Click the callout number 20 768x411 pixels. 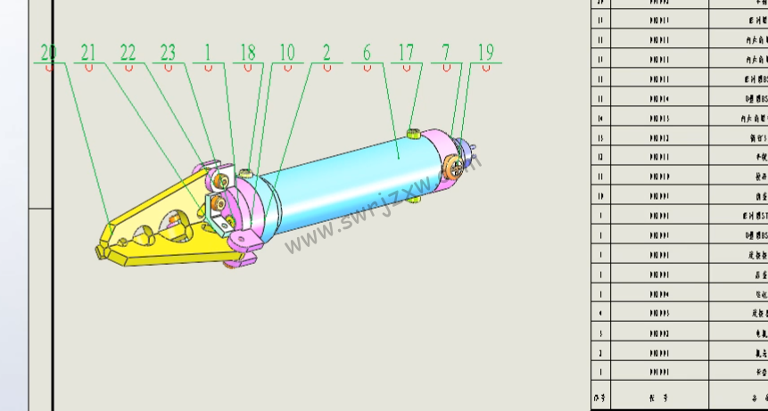click(48, 53)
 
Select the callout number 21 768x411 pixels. click(88, 53)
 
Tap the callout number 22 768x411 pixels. click(128, 53)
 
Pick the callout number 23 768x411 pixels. click(168, 53)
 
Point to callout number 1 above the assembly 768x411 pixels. click(207, 53)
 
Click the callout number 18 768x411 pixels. click(247, 53)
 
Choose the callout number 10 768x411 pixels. click(286, 53)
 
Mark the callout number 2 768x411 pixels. click(326, 53)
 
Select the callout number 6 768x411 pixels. click(367, 53)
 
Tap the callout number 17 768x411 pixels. click(406, 53)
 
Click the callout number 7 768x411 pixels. click(446, 53)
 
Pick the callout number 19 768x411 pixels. click(485, 53)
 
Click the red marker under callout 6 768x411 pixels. click(367, 69)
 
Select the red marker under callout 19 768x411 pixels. click(485, 69)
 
